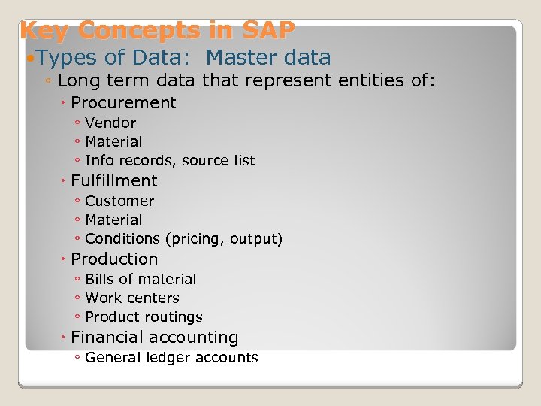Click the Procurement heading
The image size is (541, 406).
[123, 103]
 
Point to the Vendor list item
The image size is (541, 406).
[110, 123]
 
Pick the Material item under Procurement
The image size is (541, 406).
[113, 141]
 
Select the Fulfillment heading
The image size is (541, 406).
[114, 181]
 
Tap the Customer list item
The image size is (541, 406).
[119, 201]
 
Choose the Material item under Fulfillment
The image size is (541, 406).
[113, 220]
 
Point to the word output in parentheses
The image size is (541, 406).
[255, 239]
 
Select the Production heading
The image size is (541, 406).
[114, 259]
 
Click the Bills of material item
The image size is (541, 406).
[141, 279]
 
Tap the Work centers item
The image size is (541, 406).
[132, 298]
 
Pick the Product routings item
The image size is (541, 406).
[144, 317]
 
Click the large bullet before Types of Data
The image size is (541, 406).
[29, 58]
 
